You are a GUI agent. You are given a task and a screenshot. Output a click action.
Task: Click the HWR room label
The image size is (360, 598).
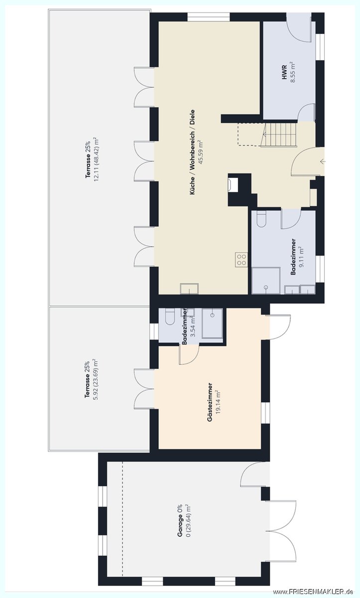point(284,72)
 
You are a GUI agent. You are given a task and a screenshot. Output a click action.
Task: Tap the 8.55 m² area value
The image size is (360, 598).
point(293,72)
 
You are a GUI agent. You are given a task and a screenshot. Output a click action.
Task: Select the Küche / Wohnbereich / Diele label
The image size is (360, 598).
point(192,152)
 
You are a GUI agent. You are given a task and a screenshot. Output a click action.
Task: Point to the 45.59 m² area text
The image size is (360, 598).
point(201,152)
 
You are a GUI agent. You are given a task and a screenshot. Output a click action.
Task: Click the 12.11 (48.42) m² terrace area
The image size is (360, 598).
point(96,159)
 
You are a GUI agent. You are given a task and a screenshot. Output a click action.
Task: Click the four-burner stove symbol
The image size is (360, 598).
point(241,260)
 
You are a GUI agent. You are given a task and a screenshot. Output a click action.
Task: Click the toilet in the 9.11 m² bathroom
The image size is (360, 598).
point(261,219)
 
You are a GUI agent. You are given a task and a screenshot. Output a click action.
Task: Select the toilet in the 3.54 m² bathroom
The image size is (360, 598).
point(169,316)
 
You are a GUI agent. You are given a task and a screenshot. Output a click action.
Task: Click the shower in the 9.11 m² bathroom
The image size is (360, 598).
point(266,281)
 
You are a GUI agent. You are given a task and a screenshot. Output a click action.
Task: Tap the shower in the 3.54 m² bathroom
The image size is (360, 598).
point(212,323)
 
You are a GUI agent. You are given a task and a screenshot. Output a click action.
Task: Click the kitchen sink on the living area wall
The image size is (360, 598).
point(189,289)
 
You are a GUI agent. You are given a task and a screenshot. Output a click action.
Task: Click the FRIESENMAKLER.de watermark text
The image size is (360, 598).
point(313,592)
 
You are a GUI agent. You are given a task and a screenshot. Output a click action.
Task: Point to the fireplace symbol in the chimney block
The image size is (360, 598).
point(231,184)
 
